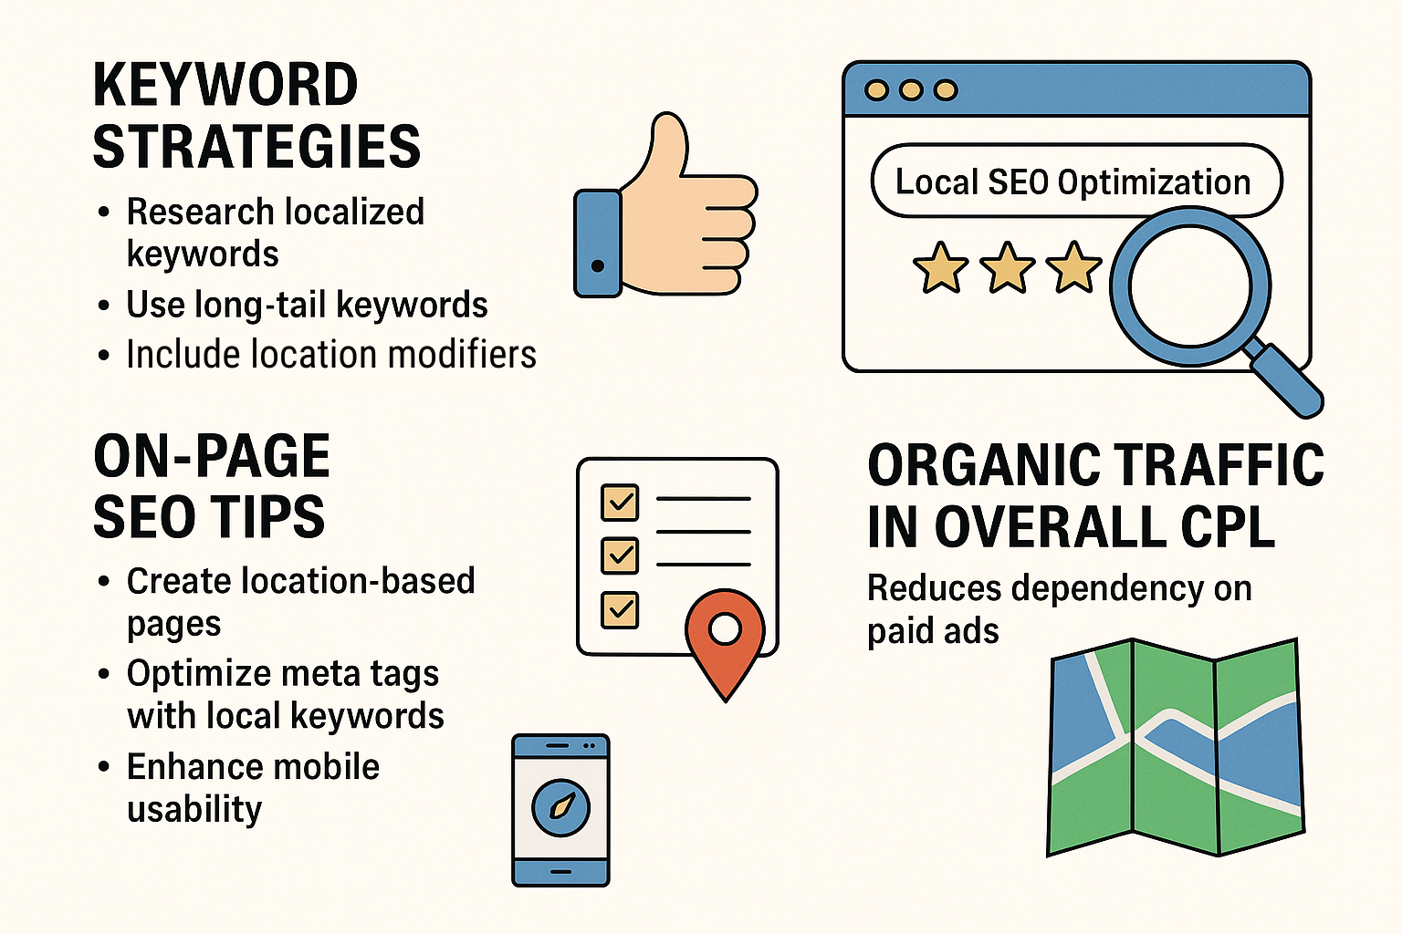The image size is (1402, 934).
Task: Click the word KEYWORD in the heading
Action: (225, 85)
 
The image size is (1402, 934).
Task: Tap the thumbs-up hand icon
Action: (666, 204)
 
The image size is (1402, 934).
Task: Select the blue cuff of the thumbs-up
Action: (598, 244)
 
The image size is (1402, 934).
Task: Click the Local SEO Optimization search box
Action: (1076, 181)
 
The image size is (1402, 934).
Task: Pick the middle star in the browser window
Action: (1007, 268)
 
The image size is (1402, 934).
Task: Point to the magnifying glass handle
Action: (1283, 379)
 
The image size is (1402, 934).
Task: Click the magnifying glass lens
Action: (1190, 285)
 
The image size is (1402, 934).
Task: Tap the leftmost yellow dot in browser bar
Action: (876, 90)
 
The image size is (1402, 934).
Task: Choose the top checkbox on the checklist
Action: (620, 502)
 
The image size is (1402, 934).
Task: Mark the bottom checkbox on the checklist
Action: (620, 610)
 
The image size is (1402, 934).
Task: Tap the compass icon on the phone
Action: (560, 807)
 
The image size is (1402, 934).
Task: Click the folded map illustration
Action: (1176, 747)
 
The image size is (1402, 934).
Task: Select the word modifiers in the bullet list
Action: (462, 354)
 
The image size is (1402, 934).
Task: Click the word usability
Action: (194, 809)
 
